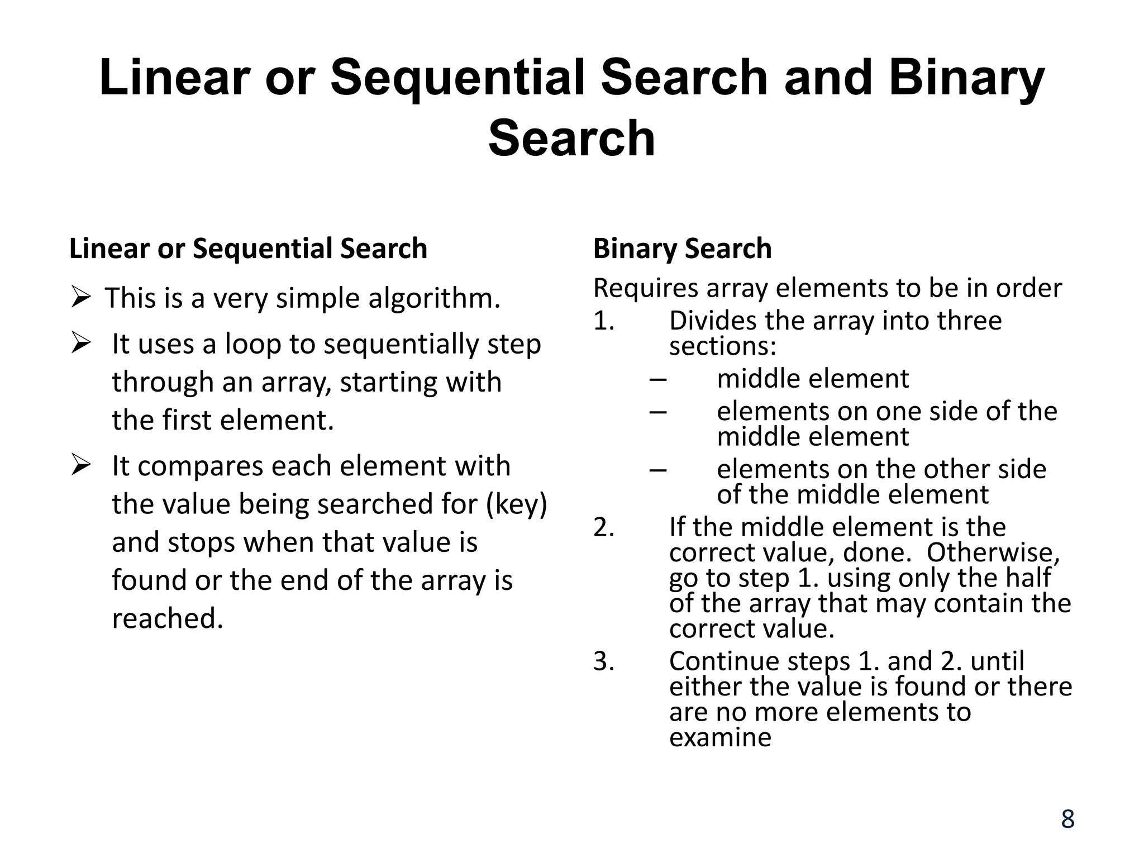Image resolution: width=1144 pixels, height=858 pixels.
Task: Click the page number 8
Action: pos(1067,819)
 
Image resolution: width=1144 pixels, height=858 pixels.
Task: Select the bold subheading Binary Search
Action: pos(682,249)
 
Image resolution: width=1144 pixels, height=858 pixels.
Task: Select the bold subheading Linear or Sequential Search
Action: pos(248,249)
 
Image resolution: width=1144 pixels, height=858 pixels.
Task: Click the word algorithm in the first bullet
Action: pos(433,298)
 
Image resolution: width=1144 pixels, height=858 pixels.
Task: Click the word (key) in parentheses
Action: pos(516,504)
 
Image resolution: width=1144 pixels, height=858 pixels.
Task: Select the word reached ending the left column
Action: pos(167,618)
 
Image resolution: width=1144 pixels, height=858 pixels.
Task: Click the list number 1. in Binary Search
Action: pos(604,321)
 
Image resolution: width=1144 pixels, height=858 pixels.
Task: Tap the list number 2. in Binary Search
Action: pos(604,527)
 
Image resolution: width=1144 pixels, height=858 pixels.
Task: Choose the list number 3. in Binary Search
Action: pos(604,661)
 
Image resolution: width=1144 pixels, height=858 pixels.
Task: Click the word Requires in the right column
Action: pos(646,288)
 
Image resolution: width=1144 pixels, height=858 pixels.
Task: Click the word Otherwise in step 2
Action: pos(993,552)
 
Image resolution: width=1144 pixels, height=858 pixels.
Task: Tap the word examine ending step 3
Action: pos(720,737)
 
